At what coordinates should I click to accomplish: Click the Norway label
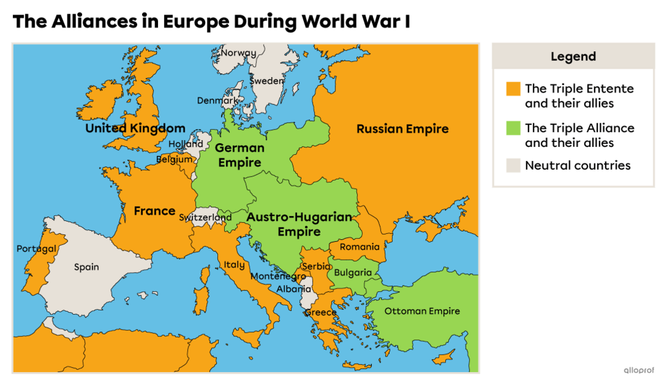(x=238, y=52)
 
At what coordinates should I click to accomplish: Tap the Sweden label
(x=267, y=81)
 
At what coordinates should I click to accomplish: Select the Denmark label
(x=217, y=101)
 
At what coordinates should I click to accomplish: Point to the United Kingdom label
(x=135, y=128)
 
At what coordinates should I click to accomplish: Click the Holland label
(x=186, y=144)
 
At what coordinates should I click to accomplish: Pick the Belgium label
(x=175, y=159)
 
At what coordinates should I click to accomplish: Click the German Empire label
(x=240, y=155)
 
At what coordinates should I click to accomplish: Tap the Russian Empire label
(x=403, y=129)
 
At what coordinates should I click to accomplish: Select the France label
(x=154, y=211)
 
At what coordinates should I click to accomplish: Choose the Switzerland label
(x=206, y=218)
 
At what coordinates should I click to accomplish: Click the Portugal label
(x=36, y=249)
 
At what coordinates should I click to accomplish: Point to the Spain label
(x=86, y=267)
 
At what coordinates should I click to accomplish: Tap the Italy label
(x=234, y=265)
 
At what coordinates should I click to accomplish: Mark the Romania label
(x=359, y=247)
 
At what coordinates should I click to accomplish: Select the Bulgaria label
(x=353, y=273)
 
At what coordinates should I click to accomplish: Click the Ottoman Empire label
(x=422, y=311)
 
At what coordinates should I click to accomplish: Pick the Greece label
(x=321, y=312)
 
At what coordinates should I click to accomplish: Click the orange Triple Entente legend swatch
(x=513, y=89)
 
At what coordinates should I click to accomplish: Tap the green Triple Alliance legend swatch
(x=513, y=128)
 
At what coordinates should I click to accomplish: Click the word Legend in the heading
(x=573, y=57)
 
